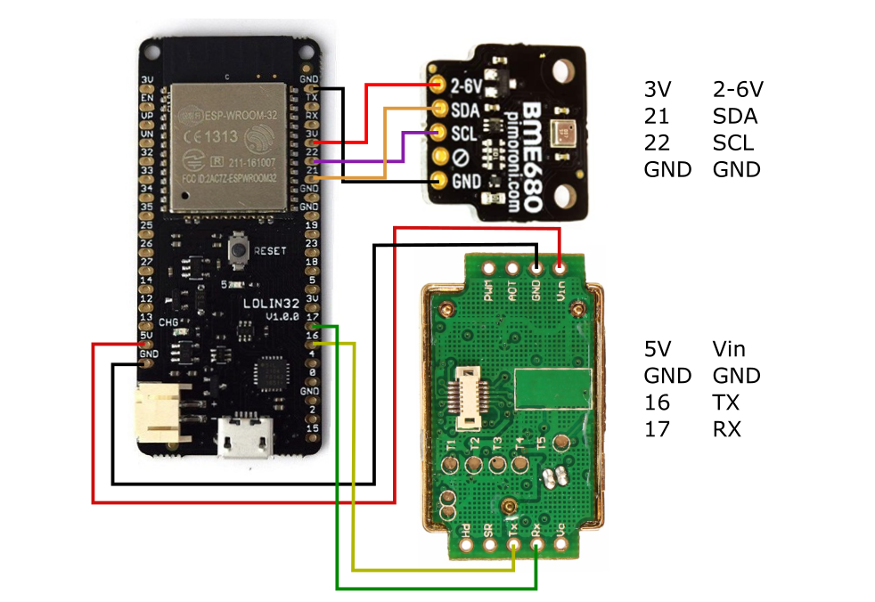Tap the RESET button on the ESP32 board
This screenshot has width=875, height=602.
pos(239,249)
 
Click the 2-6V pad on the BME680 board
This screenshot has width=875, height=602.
pos(438,85)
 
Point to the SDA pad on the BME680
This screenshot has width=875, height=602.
pos(438,109)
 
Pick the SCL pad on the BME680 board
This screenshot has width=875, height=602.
pos(438,133)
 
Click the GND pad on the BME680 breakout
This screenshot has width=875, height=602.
pos(438,180)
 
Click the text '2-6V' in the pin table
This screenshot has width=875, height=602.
pos(739,89)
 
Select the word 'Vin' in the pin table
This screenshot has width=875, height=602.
pos(730,348)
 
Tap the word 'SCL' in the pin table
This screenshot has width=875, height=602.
pos(732,142)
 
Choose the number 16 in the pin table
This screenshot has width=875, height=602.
pos(655,402)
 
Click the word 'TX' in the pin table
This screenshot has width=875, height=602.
pos(726,402)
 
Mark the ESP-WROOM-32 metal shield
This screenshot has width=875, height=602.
pos(228,147)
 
